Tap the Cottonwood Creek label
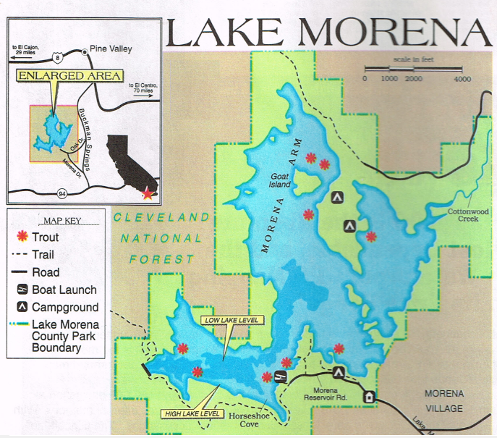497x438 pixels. tap(464, 215)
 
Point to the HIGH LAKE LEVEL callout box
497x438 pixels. tap(192, 414)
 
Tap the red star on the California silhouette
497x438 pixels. tap(148, 193)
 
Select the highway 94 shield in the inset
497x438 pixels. tap(62, 193)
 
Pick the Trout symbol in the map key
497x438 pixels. tap(21, 237)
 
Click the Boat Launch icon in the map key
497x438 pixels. tap(21, 290)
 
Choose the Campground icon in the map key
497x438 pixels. tap(21, 308)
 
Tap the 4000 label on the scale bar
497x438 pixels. tap(462, 78)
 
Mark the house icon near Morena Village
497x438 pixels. tap(370, 397)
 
